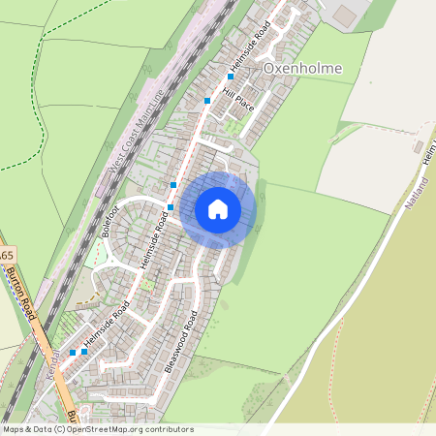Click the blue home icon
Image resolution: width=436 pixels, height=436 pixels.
(218, 208)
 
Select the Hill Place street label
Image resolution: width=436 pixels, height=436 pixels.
(237, 99)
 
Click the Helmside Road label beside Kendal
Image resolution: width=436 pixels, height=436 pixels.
(106, 329)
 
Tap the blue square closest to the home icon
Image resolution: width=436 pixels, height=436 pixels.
(171, 206)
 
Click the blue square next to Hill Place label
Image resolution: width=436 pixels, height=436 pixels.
(207, 100)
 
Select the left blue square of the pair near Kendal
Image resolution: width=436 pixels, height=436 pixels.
(73, 353)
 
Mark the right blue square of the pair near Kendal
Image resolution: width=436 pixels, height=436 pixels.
(85, 352)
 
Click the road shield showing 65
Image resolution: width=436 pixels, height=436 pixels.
(6, 254)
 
